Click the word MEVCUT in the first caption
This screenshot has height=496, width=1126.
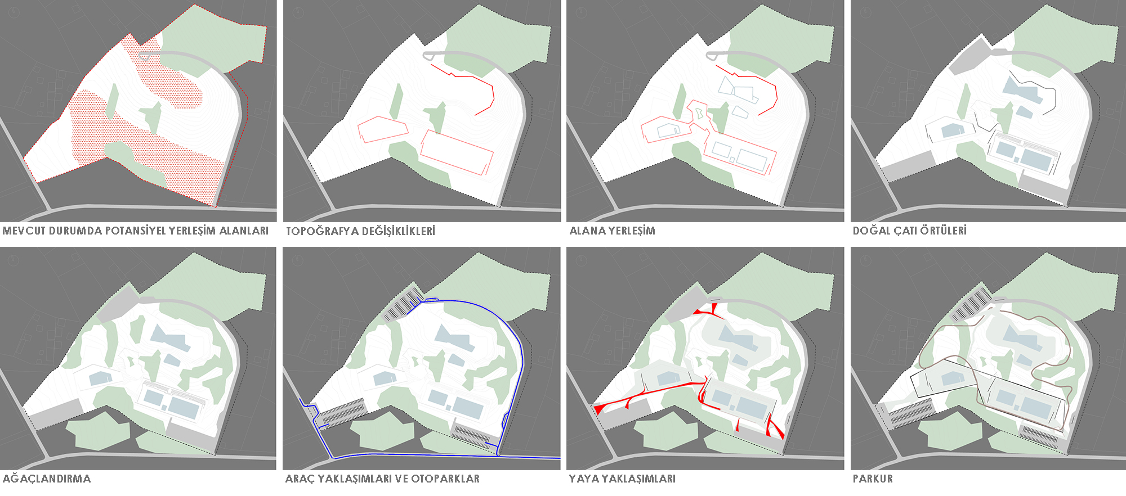[24, 231]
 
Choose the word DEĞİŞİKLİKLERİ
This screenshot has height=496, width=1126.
[399, 231]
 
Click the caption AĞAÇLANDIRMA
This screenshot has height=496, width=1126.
[47, 479]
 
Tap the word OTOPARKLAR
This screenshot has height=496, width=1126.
[445, 479]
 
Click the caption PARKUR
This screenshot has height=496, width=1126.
[873, 479]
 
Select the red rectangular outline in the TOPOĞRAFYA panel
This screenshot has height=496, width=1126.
[457, 153]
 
